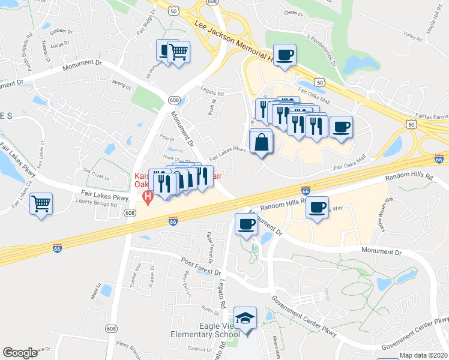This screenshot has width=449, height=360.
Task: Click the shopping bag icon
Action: pos(261,143)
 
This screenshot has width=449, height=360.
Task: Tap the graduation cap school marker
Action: pos(245,317)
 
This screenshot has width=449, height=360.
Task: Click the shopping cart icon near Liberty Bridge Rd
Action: pos(41,204)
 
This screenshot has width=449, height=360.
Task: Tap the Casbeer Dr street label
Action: pos(61,31)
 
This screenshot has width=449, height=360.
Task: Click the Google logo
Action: pos(20,353)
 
